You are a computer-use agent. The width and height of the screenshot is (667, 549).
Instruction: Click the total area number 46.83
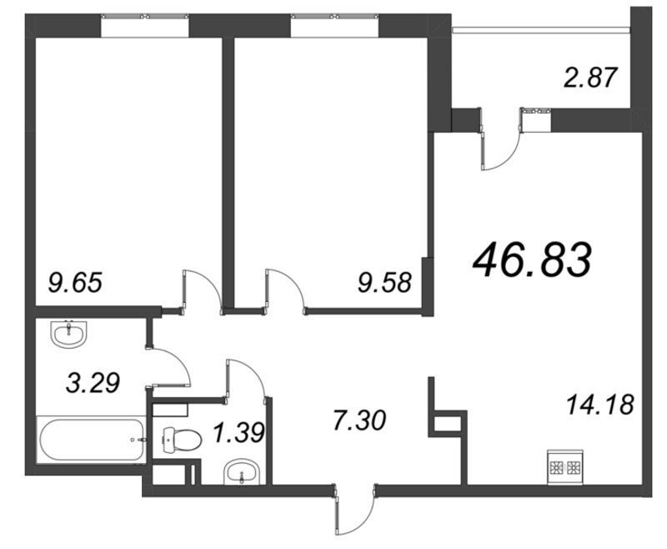click(x=532, y=259)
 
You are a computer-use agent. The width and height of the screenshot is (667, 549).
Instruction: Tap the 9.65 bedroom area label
click(x=75, y=283)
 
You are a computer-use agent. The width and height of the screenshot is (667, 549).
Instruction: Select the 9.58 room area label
click(x=385, y=283)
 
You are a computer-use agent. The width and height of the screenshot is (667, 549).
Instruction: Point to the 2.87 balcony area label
click(x=590, y=78)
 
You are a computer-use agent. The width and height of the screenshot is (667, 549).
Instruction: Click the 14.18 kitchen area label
click(x=600, y=405)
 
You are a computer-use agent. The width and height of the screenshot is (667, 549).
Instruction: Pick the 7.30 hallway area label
click(x=359, y=420)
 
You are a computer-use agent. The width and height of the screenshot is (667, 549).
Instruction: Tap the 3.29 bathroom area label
click(x=93, y=383)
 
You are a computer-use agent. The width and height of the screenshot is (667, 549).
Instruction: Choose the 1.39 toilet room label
click(x=239, y=433)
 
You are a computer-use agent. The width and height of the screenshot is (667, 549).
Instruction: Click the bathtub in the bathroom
click(x=91, y=440)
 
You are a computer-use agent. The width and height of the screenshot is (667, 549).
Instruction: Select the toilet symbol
click(x=182, y=439)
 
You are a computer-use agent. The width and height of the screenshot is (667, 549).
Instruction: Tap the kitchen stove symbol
click(x=565, y=467)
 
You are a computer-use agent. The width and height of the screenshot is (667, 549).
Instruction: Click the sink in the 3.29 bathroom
click(x=68, y=335)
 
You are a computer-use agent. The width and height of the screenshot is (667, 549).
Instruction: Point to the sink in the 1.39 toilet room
click(x=241, y=471)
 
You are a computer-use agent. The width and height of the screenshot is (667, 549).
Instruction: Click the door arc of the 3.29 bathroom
click(x=175, y=360)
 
